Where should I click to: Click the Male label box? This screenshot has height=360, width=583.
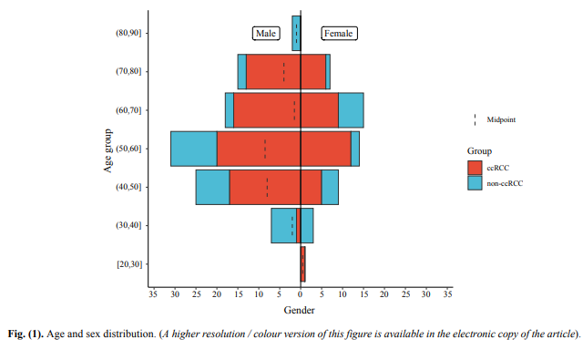click(x=266, y=34)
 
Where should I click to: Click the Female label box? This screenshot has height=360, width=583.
click(x=338, y=34)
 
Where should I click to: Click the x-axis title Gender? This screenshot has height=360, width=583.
click(x=300, y=311)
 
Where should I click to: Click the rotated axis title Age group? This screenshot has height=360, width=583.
click(x=107, y=149)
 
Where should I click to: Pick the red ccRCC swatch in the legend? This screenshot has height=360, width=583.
click(x=475, y=168)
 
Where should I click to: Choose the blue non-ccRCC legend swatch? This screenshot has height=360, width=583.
click(x=475, y=182)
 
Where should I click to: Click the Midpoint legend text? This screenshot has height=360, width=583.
click(x=502, y=119)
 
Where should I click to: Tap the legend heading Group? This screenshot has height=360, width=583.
click(x=479, y=150)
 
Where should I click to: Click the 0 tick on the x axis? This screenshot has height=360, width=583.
click(x=301, y=294)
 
